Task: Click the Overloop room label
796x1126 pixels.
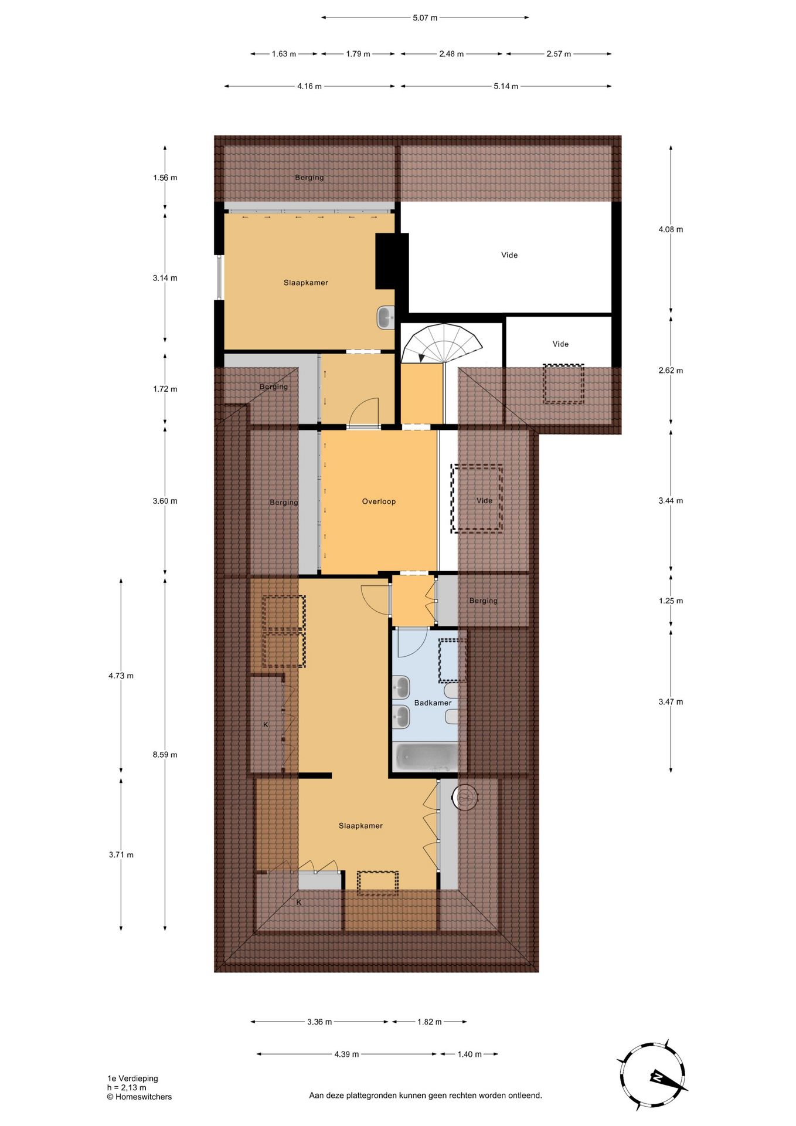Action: tap(379, 501)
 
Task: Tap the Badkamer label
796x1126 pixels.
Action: tap(433, 703)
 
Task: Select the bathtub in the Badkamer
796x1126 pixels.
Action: tap(426, 757)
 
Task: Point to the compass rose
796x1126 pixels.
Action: tap(652, 1076)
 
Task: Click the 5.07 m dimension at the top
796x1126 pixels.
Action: tap(425, 18)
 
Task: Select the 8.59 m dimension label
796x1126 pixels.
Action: tap(165, 755)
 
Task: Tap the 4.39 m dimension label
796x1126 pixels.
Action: tap(346, 1054)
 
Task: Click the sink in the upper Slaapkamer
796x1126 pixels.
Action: tap(386, 318)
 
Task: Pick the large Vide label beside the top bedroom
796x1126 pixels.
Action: tap(509, 255)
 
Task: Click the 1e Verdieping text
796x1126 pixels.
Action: tap(132, 1078)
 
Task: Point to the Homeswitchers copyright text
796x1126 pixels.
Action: tap(140, 1097)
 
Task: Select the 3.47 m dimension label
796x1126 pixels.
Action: tap(671, 701)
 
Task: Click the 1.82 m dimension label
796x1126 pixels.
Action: tap(430, 1022)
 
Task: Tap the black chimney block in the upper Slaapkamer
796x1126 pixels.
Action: tap(392, 261)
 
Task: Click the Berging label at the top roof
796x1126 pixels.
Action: tap(309, 178)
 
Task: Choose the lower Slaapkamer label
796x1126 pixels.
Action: tap(360, 826)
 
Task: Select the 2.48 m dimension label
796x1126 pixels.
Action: tap(451, 54)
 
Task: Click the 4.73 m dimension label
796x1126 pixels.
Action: tap(121, 676)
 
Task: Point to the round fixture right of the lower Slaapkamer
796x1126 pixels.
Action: tap(465, 797)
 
